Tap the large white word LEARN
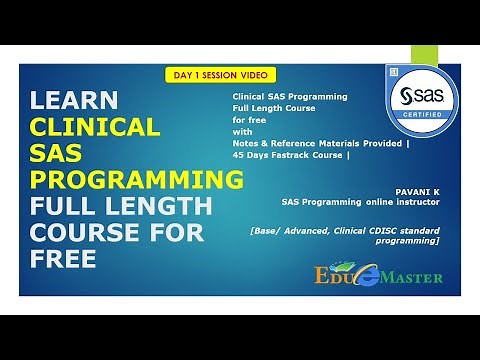click(74, 102)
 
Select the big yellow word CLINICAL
click(95, 128)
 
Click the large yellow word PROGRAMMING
click(136, 181)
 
